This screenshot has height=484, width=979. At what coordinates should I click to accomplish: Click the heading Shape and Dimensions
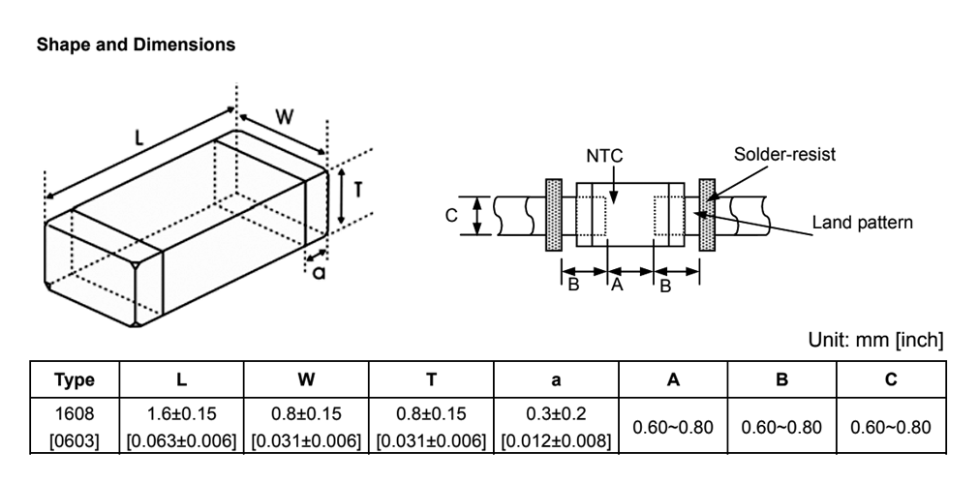tap(134, 44)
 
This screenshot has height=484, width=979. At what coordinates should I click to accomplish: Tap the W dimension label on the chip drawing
tap(283, 116)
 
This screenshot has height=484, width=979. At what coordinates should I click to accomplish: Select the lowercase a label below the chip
tap(319, 272)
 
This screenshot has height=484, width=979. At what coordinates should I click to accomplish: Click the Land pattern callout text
tap(862, 223)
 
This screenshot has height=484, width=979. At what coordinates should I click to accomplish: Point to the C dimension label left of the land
tap(451, 215)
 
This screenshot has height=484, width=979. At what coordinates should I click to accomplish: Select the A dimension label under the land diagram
tap(615, 285)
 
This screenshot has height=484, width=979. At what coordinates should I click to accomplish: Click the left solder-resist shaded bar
tap(554, 215)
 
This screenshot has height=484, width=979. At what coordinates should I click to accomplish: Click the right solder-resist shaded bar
tap(707, 215)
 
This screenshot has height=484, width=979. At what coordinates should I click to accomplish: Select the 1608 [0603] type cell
tap(75, 426)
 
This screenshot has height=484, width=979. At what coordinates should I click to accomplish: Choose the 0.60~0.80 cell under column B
tap(781, 426)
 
